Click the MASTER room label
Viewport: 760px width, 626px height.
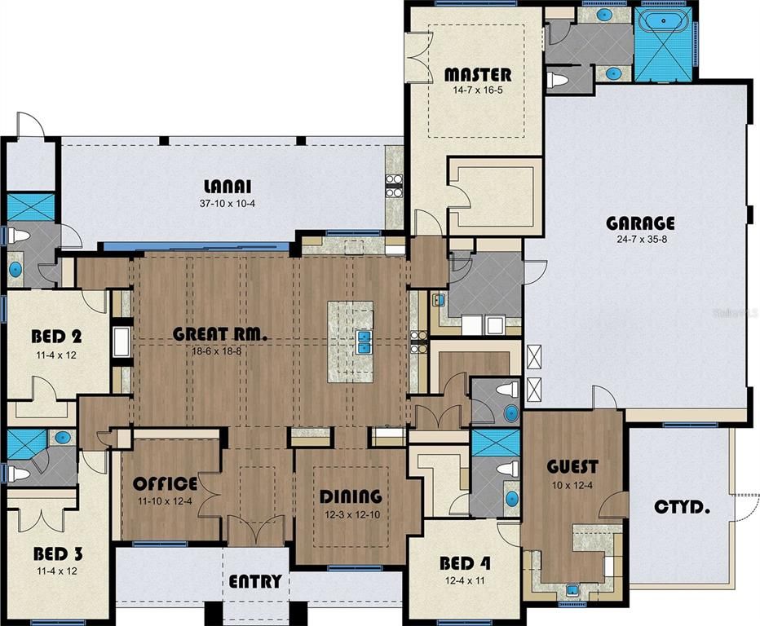point(478,75)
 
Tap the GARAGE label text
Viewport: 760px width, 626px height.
point(640,223)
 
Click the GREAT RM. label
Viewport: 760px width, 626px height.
point(220,333)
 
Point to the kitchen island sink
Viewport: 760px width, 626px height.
point(364,342)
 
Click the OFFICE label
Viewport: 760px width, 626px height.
point(166,483)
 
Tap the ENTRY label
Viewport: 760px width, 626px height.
point(255,581)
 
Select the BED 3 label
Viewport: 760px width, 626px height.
point(58,554)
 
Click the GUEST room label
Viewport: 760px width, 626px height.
point(572,467)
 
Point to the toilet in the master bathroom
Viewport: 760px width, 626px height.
point(559,80)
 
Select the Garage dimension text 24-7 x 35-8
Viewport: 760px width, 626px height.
point(640,240)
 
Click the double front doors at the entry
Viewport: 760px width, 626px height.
point(255,535)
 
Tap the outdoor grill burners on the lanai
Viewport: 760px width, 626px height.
point(393,187)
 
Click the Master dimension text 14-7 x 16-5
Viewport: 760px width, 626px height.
point(478,90)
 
